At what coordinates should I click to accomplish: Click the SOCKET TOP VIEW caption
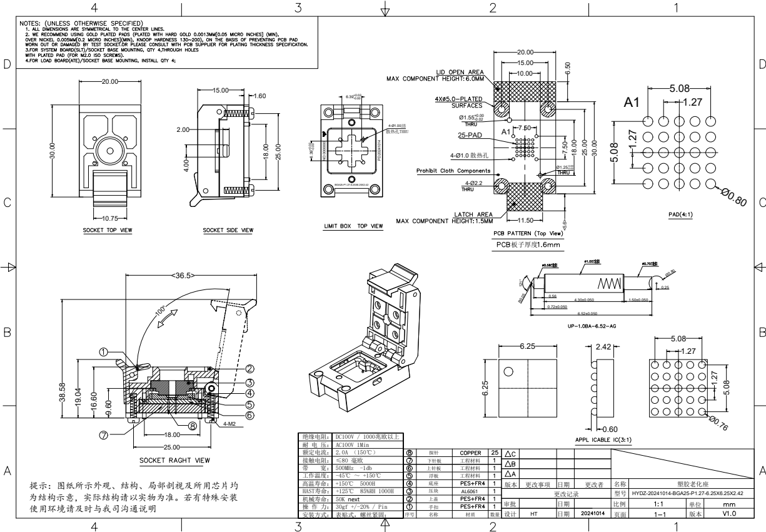(x=108, y=230)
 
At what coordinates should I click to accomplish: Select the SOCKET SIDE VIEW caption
(x=228, y=230)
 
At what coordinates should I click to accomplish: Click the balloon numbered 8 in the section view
(x=193, y=426)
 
